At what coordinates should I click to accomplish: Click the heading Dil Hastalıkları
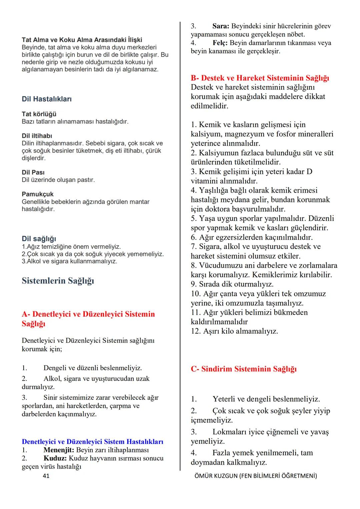click(47, 99)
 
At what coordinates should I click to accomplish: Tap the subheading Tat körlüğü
click(39, 114)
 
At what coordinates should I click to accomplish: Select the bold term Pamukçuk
click(38, 194)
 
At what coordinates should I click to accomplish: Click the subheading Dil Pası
click(33, 172)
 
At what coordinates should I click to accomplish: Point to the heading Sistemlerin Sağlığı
click(58, 281)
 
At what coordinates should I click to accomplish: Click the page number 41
click(46, 476)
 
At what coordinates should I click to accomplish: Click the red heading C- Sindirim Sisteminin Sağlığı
click(243, 369)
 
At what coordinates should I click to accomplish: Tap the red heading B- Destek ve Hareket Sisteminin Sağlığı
click(260, 78)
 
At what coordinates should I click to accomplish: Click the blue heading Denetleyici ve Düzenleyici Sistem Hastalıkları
click(92, 442)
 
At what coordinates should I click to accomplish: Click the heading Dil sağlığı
click(39, 239)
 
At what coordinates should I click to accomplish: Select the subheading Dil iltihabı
click(37, 136)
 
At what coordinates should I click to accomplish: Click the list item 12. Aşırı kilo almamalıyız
click(234, 331)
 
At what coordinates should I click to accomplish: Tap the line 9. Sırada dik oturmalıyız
click(232, 284)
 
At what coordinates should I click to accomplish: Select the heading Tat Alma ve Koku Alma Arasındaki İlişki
click(82, 40)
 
